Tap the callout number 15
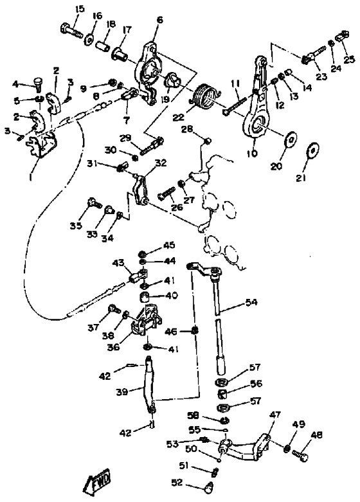[80, 8]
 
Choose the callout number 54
[251, 302]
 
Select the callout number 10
[252, 154]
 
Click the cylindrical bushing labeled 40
[145, 298]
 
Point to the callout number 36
[113, 346]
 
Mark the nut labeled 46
[194, 330]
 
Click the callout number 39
[122, 391]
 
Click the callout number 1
[30, 176]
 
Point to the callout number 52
[177, 482]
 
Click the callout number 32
[161, 163]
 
